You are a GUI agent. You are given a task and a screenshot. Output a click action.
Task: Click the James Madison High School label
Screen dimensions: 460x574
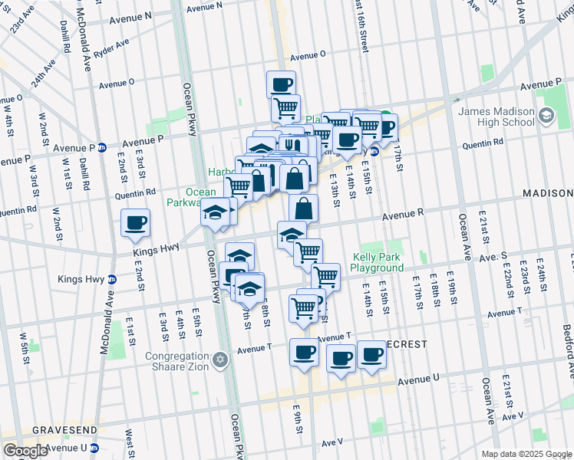click(x=496, y=117)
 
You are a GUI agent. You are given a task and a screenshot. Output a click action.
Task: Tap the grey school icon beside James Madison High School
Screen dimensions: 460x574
click(x=546, y=117)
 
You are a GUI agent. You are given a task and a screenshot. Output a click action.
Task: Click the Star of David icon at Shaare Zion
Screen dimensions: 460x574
click(x=221, y=360)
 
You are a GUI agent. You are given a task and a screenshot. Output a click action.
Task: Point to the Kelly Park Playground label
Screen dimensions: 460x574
click(x=377, y=263)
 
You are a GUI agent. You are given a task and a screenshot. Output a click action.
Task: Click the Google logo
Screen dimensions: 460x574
click(x=25, y=451)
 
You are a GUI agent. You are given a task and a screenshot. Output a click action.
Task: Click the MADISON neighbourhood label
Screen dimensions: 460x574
click(x=549, y=194)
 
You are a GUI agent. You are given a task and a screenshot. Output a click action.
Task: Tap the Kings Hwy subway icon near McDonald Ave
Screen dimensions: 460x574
click(x=112, y=279)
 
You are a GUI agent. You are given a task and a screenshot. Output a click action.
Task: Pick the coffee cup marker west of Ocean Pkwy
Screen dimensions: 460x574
click(x=137, y=222)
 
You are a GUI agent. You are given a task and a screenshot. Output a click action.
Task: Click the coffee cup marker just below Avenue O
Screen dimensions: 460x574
click(x=282, y=84)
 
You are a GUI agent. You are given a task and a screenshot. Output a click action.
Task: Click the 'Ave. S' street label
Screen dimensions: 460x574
click(x=493, y=255)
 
